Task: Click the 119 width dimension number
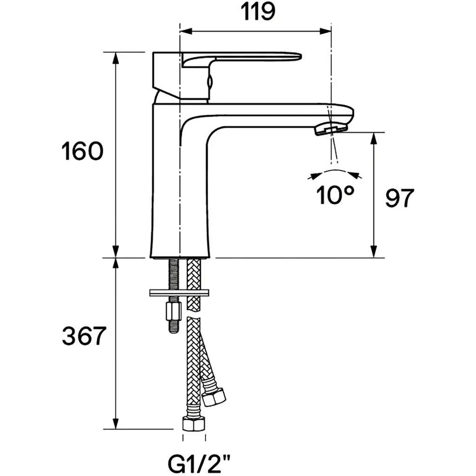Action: [258, 12]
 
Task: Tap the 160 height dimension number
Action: [82, 151]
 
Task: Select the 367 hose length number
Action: [84, 336]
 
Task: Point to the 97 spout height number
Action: [399, 198]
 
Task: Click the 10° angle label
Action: [335, 195]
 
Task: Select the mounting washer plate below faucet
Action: [179, 293]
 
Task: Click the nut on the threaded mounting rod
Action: [173, 311]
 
